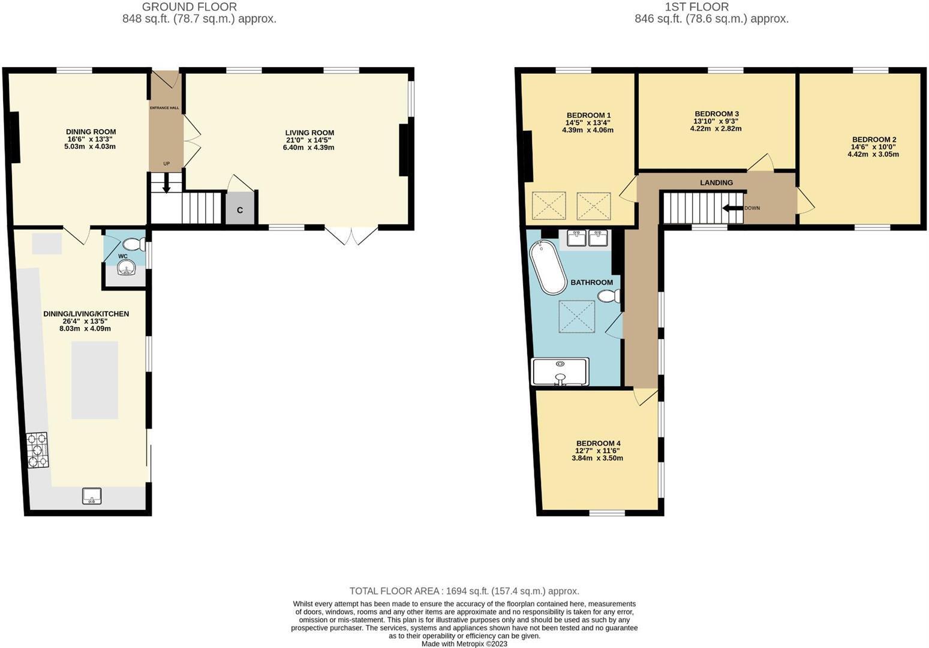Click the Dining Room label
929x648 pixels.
(x=91, y=132)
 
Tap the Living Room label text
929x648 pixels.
(x=309, y=133)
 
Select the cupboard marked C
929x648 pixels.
(x=240, y=209)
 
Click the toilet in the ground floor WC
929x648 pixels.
(x=133, y=245)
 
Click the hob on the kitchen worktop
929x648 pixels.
(x=37, y=450)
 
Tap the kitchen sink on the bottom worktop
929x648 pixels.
(x=92, y=496)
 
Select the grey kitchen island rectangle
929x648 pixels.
(x=95, y=380)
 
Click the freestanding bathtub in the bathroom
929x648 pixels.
(x=548, y=267)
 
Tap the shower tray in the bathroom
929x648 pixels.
(x=560, y=372)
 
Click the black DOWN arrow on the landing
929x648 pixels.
(x=733, y=208)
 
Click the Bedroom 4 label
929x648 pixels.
(x=597, y=443)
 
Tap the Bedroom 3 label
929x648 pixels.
(x=716, y=113)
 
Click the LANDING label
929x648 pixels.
(x=716, y=182)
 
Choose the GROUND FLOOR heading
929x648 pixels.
(x=189, y=7)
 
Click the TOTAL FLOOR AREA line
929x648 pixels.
(x=464, y=591)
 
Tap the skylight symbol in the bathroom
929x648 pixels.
(x=577, y=316)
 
